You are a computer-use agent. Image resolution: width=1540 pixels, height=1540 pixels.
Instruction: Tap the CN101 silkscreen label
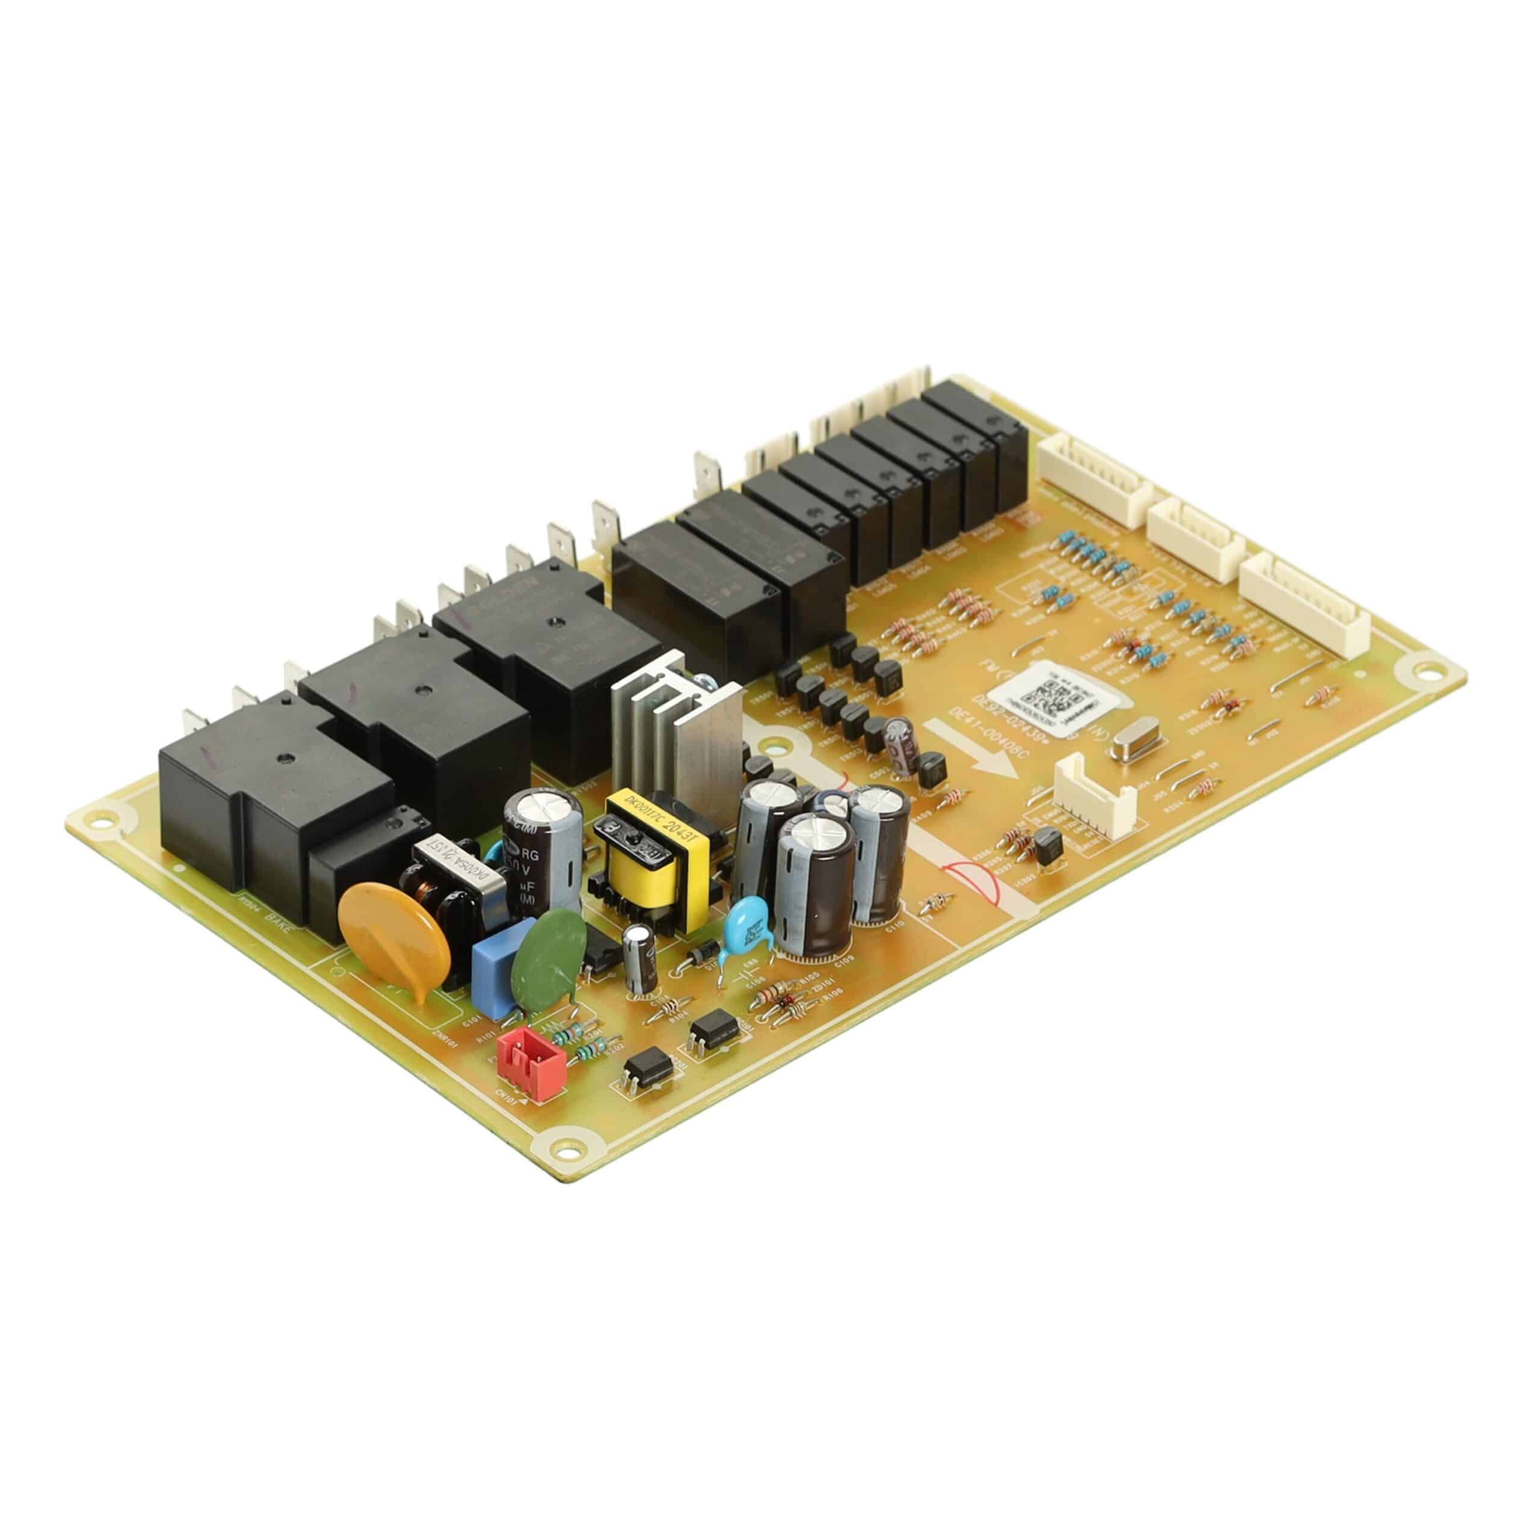point(505,1096)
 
